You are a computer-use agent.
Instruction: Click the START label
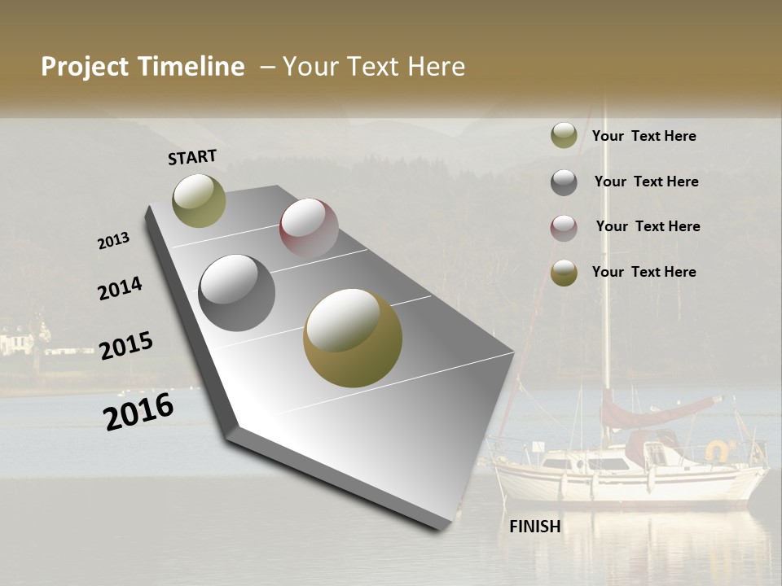[192, 157]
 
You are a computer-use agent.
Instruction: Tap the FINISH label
[535, 527]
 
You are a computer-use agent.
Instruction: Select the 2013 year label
[114, 241]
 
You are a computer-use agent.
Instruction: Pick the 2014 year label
[120, 288]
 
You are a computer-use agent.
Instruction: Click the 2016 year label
[138, 411]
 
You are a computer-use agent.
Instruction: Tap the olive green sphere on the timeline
[199, 200]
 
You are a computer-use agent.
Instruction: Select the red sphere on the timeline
[309, 228]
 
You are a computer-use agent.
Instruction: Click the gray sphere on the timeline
[237, 293]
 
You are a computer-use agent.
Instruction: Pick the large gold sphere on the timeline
[353, 338]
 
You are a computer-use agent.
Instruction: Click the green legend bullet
[564, 136]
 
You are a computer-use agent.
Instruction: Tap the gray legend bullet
[564, 182]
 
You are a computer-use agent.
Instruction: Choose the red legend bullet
[564, 228]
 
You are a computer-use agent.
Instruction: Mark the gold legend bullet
[564, 273]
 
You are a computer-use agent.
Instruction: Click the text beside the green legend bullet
[644, 136]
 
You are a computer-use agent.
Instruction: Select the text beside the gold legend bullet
[644, 272]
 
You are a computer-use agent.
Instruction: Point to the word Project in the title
[85, 67]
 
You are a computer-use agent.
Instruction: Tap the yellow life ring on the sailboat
[718, 449]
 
